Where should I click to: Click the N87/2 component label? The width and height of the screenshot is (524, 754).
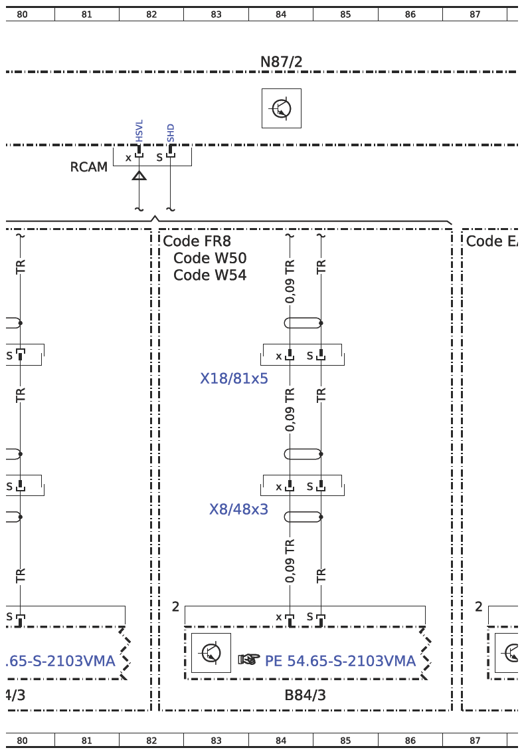(x=281, y=62)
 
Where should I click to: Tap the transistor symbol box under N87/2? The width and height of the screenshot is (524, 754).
(x=282, y=108)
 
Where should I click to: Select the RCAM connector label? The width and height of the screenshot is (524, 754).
(x=89, y=167)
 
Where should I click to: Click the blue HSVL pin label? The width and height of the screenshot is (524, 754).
(x=139, y=131)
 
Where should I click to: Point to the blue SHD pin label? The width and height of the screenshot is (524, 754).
(x=171, y=133)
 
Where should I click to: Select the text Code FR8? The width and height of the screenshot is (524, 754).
(x=197, y=241)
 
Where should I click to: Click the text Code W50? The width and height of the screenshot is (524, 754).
(x=210, y=258)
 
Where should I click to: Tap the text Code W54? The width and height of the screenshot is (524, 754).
(x=210, y=275)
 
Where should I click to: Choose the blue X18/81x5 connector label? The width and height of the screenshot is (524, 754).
(x=234, y=378)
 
